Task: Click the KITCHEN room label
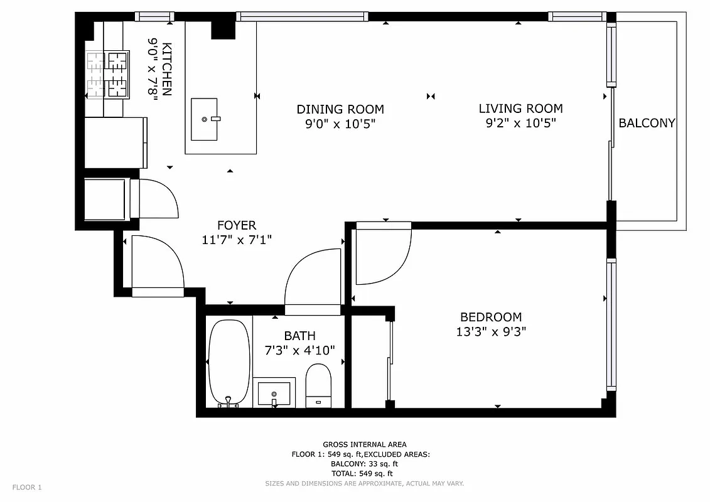pyautogui.click(x=166, y=69)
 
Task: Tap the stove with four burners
pyautogui.click(x=107, y=75)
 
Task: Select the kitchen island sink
pyautogui.click(x=204, y=119)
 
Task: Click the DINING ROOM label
pyautogui.click(x=340, y=109)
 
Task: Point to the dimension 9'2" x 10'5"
pyautogui.click(x=520, y=124)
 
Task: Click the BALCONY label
pyautogui.click(x=647, y=123)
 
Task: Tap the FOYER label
pyautogui.click(x=237, y=225)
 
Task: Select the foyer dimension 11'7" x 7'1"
pyautogui.click(x=237, y=239)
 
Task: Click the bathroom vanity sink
pyautogui.click(x=274, y=393)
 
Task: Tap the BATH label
pyautogui.click(x=299, y=336)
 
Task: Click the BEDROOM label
pyautogui.click(x=491, y=317)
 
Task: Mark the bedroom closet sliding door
pyautogui.click(x=390, y=361)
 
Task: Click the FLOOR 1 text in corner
pyautogui.click(x=27, y=487)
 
